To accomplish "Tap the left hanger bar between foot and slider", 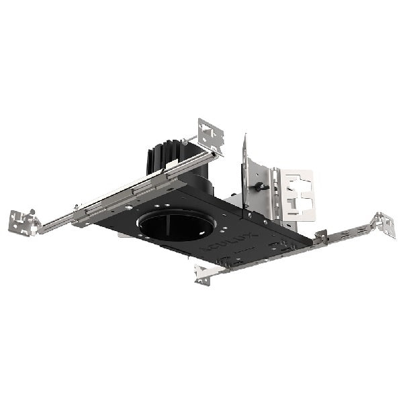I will tap(57, 222).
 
